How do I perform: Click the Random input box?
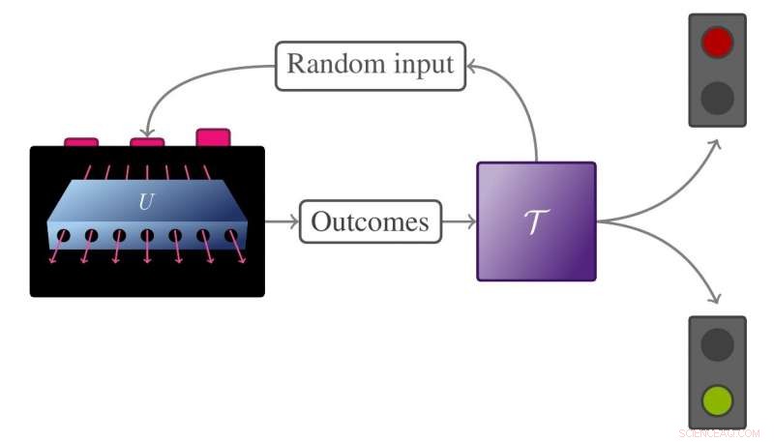click(371, 66)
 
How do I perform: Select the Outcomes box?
click(371, 222)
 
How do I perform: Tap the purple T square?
click(536, 221)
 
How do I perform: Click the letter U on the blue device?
click(146, 203)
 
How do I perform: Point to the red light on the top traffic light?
click(717, 43)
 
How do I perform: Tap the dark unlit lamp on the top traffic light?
click(717, 97)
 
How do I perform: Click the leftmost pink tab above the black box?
click(81, 142)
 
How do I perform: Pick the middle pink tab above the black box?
click(147, 142)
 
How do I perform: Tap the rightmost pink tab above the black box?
click(213, 137)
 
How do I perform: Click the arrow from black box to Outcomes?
click(282, 222)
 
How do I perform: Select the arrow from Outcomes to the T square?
click(460, 222)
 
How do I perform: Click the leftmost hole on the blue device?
click(63, 235)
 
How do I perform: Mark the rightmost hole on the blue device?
click(231, 235)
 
